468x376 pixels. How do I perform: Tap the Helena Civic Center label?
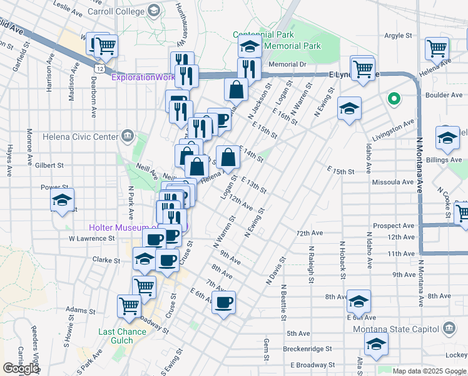click(x=80, y=136)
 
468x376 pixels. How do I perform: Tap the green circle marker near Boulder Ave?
click(x=394, y=98)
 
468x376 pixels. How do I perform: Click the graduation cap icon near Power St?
click(x=62, y=200)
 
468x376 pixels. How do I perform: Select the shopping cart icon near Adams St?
click(x=129, y=306)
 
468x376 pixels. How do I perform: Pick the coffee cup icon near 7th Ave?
click(x=223, y=303)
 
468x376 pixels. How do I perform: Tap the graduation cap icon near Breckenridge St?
click(x=376, y=343)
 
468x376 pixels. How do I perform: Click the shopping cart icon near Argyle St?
click(x=437, y=48)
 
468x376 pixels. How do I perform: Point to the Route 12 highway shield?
click(x=99, y=66)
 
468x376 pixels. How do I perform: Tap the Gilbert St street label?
click(x=50, y=165)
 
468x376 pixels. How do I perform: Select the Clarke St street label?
click(x=106, y=259)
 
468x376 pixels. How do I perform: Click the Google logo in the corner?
click(x=21, y=368)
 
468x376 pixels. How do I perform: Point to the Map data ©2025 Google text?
click(x=428, y=371)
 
